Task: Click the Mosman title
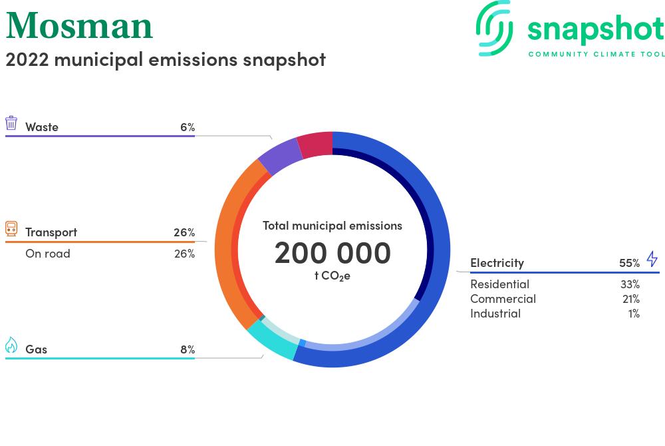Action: [x=79, y=26]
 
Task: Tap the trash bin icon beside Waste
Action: [x=11, y=123]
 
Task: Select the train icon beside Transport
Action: [x=11, y=228]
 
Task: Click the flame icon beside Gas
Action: [x=11, y=345]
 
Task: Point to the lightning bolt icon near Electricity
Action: [x=652, y=258]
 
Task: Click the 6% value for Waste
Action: [x=188, y=127]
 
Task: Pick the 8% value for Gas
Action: [x=188, y=349]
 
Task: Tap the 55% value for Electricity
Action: [x=629, y=263]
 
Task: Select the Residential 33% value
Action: [x=630, y=284]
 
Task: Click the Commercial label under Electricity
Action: [x=503, y=299]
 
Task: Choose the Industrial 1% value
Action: [x=634, y=314]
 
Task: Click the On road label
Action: [x=48, y=254]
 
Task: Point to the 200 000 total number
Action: [x=332, y=253]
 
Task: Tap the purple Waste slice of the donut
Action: [x=279, y=156]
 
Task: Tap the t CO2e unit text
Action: [x=332, y=276]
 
